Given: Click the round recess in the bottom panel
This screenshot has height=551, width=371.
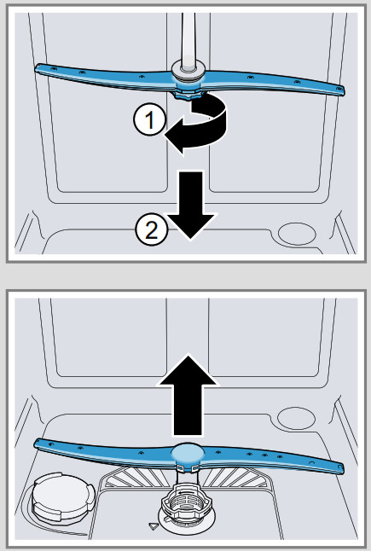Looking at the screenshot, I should (296, 418).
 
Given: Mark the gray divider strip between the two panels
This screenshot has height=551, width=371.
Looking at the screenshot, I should (185, 275).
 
